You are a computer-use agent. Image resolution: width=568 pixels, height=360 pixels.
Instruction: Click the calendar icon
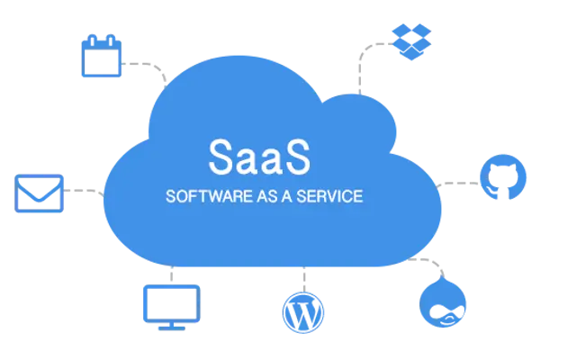point(102,56)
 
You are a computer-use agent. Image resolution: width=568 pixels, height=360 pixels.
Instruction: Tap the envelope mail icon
point(39,193)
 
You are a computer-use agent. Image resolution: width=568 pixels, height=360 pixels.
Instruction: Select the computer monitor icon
point(172,308)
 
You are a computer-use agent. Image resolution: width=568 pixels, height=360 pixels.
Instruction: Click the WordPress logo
point(303,312)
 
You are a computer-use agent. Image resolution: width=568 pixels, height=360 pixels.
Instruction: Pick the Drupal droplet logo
point(443,302)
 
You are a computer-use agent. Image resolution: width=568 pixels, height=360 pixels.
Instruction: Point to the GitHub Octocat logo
point(503,177)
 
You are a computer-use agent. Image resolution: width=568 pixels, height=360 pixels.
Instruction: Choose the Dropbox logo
point(411,41)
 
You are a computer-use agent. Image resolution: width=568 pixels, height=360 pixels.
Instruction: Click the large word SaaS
point(259,157)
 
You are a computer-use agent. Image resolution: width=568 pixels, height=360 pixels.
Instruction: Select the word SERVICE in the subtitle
point(329,196)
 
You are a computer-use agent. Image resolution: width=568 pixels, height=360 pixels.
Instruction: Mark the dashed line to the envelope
point(84,191)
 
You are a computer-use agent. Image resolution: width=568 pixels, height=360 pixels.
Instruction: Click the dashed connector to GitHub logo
point(458,184)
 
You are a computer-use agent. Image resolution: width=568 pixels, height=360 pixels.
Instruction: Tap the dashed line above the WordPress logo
point(304,279)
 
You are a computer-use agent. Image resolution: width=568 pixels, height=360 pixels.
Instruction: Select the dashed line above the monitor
point(172,274)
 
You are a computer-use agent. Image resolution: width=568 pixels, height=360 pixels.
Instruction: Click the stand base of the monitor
point(172,328)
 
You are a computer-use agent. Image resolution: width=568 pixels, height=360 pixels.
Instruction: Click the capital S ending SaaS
point(297,157)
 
